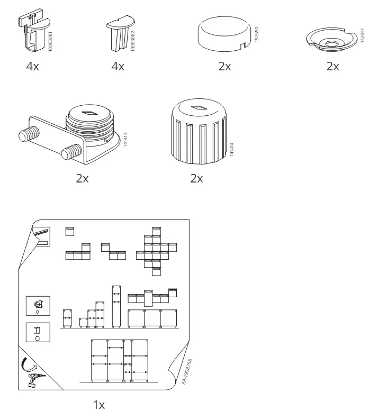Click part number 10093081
pos(50,41)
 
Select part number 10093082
pos(133,41)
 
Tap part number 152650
pos(257,34)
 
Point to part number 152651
pos(363,35)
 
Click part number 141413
pos(125,139)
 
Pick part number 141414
pos(232,149)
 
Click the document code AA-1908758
pos(187,372)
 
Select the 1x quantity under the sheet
pos(99,405)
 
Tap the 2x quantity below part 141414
pos(196,178)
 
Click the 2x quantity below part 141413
pos(82,178)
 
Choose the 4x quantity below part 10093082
pos(118,66)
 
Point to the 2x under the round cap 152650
pos(224,66)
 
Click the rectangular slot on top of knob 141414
pos(199,107)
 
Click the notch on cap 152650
pos(244,45)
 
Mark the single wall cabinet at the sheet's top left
pos(70,231)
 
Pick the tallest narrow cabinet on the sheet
pos(116,306)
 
